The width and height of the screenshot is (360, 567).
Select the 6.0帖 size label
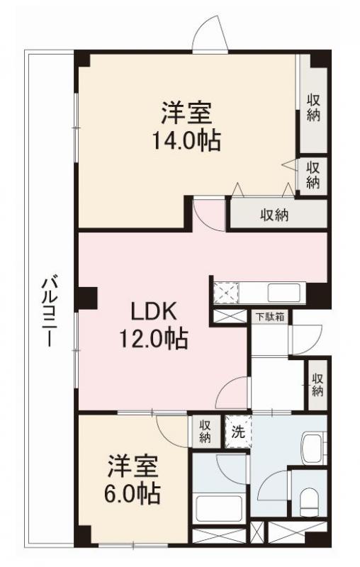coord(134,492)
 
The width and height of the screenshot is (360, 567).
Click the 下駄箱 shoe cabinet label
coord(270,317)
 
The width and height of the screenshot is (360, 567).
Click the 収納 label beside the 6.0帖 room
coord(205,431)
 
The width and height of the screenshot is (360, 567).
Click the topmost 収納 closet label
coord(313,108)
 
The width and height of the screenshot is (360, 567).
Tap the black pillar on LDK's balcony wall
coord(86,298)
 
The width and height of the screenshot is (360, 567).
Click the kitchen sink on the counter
coord(283,292)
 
